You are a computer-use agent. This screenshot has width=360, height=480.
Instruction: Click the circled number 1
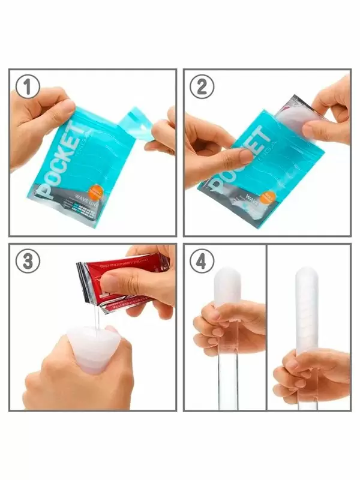[27, 88]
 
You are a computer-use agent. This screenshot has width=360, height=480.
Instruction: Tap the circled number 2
[202, 88]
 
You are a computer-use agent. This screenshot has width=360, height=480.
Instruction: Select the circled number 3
[27, 262]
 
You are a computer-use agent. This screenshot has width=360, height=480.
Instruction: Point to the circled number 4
[202, 262]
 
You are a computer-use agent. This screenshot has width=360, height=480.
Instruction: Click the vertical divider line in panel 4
[266, 327]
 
